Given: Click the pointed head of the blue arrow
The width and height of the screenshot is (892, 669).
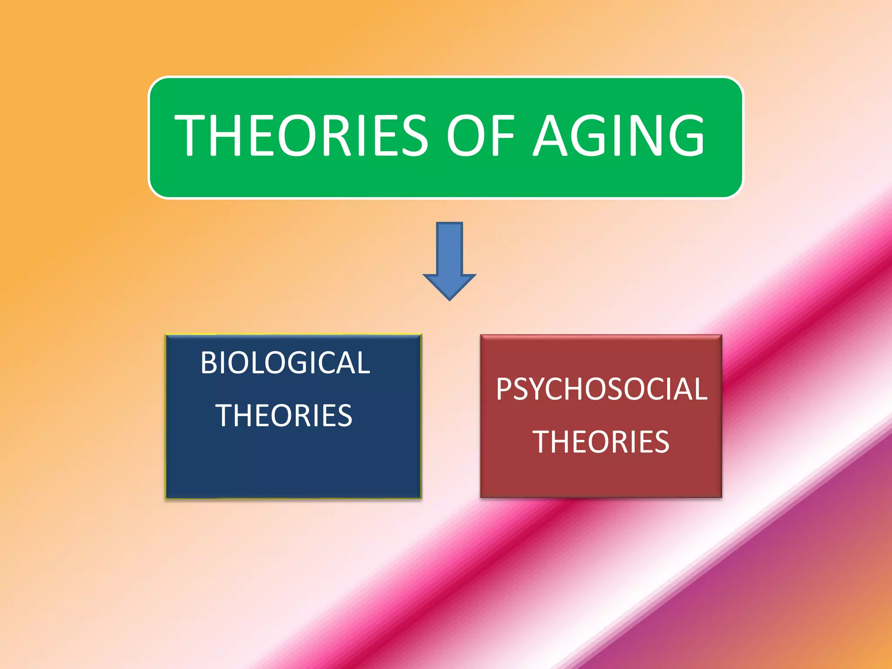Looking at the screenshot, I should (x=449, y=287).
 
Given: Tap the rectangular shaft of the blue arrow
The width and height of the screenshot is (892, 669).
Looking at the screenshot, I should (x=449, y=248).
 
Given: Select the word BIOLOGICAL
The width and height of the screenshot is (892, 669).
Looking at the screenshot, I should (x=285, y=362).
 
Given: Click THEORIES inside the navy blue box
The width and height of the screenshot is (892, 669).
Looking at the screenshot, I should (x=284, y=416).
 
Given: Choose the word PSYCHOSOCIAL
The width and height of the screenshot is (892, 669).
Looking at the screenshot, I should (x=601, y=389).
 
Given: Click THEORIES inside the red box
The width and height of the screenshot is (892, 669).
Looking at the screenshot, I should (x=601, y=442).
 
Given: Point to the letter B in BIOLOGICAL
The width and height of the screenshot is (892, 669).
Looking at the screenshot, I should (x=208, y=362).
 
